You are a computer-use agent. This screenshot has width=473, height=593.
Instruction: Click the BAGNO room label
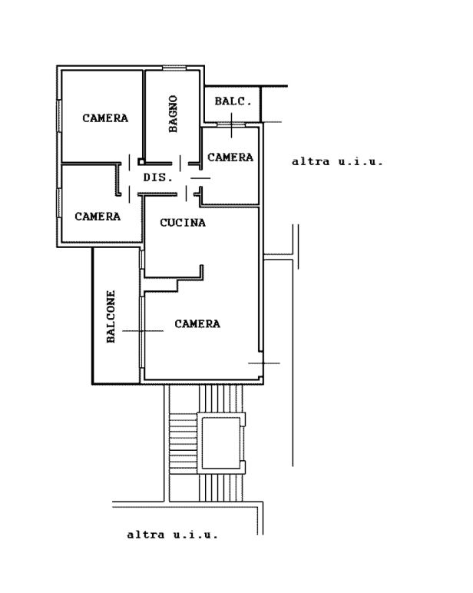click(173, 114)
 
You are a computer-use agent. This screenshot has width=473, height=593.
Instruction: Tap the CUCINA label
click(183, 223)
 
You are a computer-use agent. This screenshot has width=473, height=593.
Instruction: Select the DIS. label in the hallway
click(158, 177)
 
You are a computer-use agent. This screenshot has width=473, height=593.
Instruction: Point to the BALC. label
click(233, 101)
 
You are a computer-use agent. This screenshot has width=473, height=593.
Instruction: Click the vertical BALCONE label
click(111, 316)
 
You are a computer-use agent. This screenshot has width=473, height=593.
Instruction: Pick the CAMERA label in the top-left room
click(105, 118)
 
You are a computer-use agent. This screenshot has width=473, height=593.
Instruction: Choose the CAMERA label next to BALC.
click(230, 157)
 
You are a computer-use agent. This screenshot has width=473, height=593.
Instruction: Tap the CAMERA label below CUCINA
click(197, 323)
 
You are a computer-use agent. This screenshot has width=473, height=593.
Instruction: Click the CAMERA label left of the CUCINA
click(98, 217)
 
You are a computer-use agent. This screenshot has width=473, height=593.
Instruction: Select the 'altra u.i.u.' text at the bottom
click(173, 535)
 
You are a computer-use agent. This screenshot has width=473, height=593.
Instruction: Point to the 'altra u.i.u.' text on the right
click(338, 162)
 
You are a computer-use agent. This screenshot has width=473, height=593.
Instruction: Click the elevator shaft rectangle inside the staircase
click(221, 443)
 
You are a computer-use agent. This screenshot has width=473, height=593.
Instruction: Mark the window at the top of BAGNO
click(174, 68)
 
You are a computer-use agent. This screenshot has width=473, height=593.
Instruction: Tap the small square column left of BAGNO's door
click(141, 162)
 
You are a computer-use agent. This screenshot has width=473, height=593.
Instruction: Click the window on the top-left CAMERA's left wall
click(59, 116)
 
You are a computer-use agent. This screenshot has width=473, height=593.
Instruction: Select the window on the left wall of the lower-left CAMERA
click(59, 203)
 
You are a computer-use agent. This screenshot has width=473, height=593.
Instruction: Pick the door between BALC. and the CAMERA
click(231, 124)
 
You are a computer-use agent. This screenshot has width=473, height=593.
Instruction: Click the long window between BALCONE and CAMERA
click(142, 332)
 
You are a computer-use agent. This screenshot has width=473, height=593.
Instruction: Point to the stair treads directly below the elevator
click(221, 488)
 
